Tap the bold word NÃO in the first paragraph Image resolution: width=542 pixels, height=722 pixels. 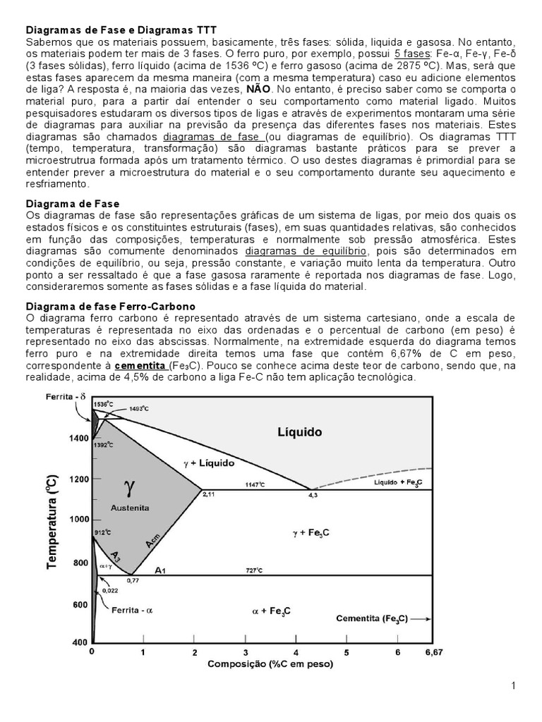click(258, 90)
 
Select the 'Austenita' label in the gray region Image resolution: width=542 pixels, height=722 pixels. click(131, 508)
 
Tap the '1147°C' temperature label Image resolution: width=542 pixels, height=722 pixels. click(255, 484)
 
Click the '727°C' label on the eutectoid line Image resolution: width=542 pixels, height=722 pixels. click(254, 570)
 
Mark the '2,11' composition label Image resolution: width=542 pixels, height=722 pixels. click(208, 496)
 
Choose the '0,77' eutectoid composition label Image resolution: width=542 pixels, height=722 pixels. click(133, 581)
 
